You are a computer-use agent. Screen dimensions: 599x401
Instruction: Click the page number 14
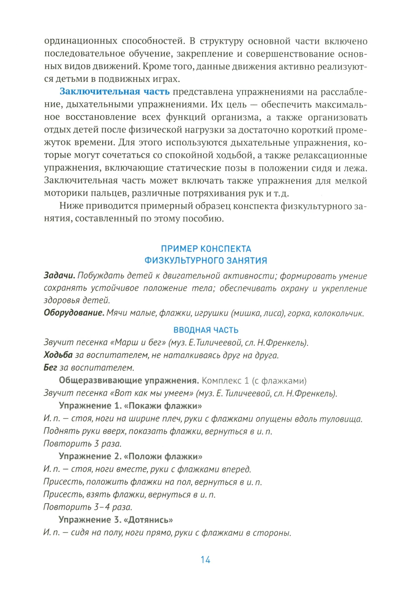205,560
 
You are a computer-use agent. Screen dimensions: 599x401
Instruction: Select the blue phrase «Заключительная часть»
115,92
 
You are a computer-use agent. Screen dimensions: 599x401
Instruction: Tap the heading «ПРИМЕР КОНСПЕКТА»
206,249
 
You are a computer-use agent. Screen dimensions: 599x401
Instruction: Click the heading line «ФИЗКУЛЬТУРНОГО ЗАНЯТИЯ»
206,261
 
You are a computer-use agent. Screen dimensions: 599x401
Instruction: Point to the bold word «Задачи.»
59,276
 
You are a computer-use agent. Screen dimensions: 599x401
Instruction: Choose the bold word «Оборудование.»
74,313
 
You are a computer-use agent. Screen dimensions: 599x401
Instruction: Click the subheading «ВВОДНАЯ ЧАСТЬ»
206,330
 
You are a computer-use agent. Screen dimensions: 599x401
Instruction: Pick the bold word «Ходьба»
58,355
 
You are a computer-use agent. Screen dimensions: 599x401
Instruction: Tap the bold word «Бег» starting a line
51,368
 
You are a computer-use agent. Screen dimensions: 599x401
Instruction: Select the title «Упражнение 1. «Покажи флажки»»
130,406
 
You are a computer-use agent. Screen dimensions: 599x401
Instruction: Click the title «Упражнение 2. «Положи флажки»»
130,457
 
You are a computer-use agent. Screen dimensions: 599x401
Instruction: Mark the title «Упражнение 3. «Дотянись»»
115,520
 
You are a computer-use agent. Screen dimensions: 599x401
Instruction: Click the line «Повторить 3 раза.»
82,444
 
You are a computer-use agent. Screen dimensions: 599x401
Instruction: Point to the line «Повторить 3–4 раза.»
87,507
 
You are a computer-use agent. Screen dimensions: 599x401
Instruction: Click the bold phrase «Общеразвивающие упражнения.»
129,380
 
